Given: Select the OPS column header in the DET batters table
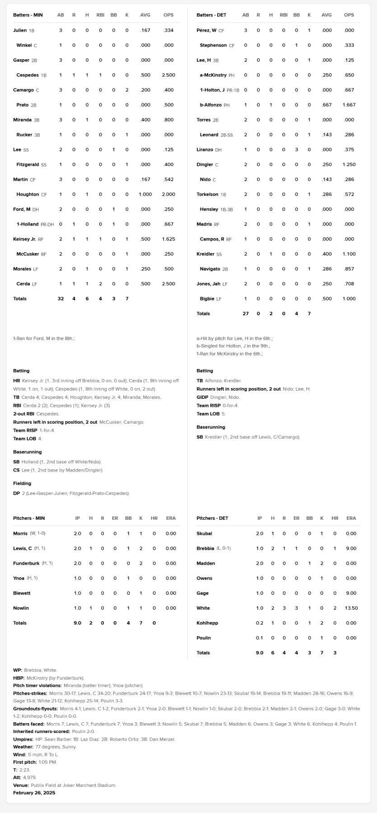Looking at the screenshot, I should [349, 15].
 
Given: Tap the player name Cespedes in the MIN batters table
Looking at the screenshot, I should [28, 75].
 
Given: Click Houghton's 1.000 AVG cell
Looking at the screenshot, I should [145, 194].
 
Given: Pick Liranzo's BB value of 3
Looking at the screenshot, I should [296, 150].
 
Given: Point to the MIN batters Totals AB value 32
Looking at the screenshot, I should [61, 299].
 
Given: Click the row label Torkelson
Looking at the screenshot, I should [207, 194].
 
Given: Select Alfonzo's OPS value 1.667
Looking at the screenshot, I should [349, 105].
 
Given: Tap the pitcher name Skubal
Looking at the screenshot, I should [204, 533].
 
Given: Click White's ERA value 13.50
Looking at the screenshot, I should [351, 608].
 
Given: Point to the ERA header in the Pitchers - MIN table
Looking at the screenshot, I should [171, 518].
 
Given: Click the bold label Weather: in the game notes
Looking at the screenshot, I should [23, 747].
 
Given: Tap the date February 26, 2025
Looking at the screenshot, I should [34, 793].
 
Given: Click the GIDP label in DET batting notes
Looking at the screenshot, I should [202, 397].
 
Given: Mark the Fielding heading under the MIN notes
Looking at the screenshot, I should [22, 483].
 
